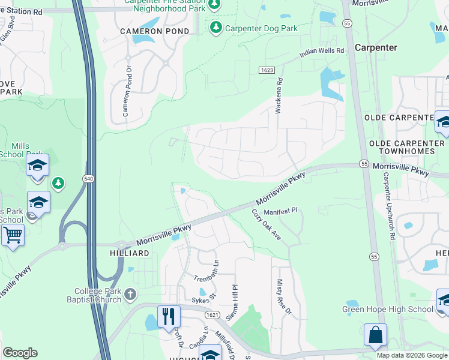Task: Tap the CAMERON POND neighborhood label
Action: (154, 31)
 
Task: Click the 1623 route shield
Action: (267, 71)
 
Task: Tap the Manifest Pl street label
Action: (281, 212)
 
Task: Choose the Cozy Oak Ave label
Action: (267, 226)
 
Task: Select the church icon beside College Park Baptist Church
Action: (130, 294)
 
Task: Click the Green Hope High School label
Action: (387, 310)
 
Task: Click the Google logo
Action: (20, 353)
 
